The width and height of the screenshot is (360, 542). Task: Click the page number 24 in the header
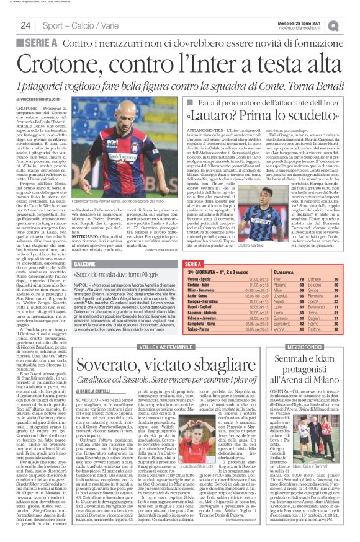pos(26,25)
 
